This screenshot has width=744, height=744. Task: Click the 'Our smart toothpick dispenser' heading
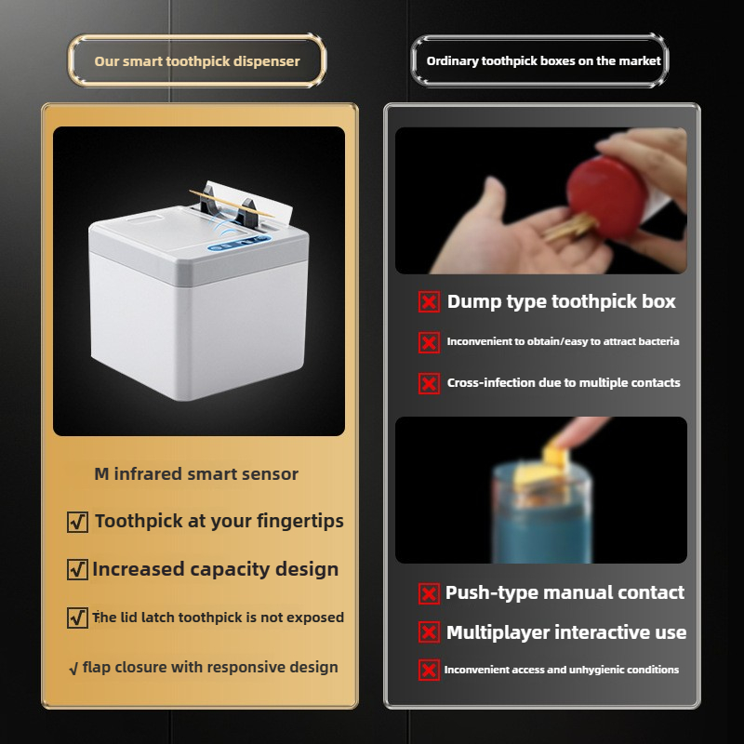coord(197,61)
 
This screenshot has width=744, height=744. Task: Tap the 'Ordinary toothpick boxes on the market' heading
coord(543,60)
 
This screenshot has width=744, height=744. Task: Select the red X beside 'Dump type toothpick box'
coord(429,302)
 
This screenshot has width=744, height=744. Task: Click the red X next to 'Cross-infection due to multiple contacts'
coord(429,383)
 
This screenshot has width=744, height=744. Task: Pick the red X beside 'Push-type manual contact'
coord(429,593)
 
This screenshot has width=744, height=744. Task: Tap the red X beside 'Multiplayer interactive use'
coord(429,633)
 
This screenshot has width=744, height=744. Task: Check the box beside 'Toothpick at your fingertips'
coord(78,523)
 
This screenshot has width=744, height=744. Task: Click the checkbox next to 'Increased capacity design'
coord(78,570)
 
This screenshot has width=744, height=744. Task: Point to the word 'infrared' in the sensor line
coord(148,473)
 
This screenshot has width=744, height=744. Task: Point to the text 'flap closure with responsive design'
coord(210,667)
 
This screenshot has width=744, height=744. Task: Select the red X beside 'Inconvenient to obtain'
coord(429,343)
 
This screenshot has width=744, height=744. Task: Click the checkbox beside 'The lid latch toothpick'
coord(78,618)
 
